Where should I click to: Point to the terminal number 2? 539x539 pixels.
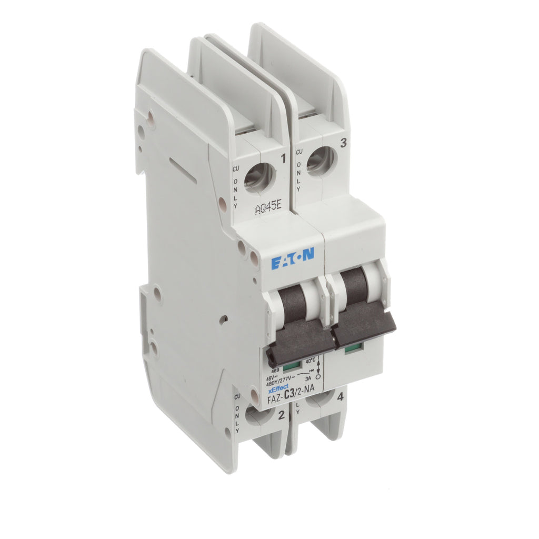click(x=281, y=415)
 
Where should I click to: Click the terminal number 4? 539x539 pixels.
click(x=341, y=398)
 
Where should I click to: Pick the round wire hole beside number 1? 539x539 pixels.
click(x=259, y=176)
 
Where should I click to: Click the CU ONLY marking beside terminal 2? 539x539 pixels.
click(x=237, y=416)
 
